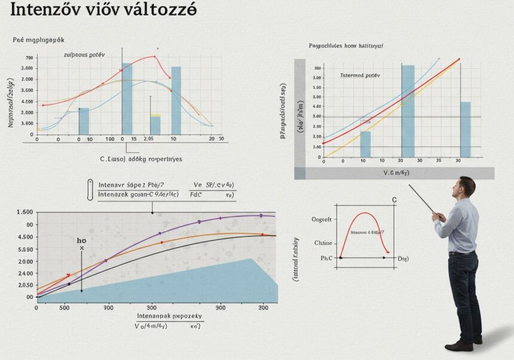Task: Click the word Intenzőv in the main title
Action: [45, 10]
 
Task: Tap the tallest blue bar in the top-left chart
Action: [127, 99]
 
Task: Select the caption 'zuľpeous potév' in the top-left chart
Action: [84, 54]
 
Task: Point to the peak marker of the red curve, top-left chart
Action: [154, 57]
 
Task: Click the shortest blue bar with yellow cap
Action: [155, 124]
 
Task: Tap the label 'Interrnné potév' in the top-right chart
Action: [360, 76]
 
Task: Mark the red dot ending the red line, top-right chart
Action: [459, 59]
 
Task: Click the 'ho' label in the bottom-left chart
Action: [82, 240]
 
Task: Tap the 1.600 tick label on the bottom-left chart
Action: [25, 212]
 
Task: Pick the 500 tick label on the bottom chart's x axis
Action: [67, 307]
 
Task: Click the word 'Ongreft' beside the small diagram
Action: [322, 219]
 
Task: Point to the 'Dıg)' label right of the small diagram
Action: [404, 258]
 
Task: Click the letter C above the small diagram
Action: [394, 199]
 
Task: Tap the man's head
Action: [465, 186]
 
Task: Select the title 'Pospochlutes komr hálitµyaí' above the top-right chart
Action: [346, 45]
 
